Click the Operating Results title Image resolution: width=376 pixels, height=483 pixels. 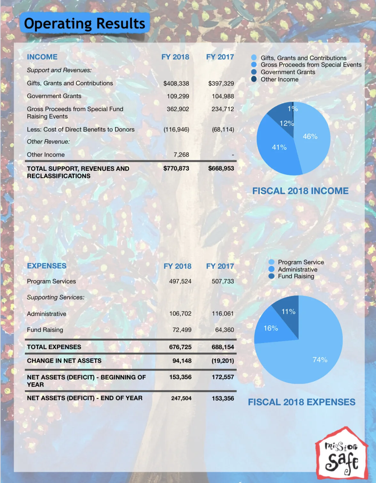(x=85, y=23)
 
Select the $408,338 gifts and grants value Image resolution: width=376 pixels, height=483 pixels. (x=176, y=84)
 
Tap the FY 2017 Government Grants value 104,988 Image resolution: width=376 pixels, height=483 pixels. (x=223, y=96)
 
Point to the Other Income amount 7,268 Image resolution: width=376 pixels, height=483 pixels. (x=181, y=155)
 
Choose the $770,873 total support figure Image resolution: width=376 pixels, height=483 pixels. (x=176, y=168)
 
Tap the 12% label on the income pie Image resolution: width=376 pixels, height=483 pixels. (x=286, y=123)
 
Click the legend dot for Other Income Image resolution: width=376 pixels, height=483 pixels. (x=254, y=79)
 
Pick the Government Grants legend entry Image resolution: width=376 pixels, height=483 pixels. (x=288, y=72)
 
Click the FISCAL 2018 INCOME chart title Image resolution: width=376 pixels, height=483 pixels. (x=300, y=191)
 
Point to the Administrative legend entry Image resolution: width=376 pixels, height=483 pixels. (x=297, y=270)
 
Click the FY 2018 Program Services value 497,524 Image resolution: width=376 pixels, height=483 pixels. (x=180, y=281)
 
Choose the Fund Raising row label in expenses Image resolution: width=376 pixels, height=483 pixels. (x=45, y=330)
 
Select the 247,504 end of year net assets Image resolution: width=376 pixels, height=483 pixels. (x=181, y=398)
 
